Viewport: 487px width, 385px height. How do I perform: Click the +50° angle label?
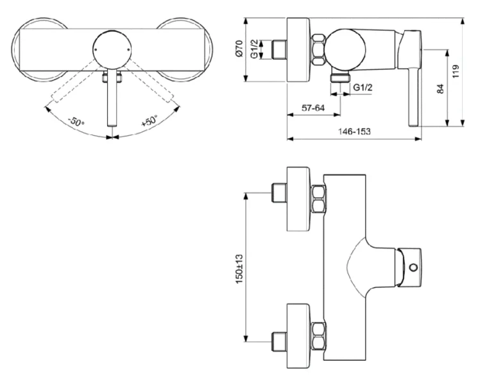coord(149,121)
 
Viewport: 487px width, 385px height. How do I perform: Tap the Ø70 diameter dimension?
coord(238,51)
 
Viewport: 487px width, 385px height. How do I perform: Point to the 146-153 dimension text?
coord(354,131)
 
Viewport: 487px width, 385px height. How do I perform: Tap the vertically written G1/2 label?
coord(255,50)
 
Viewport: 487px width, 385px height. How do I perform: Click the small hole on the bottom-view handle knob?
coord(413,267)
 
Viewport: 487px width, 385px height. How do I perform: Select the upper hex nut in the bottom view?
coord(318,199)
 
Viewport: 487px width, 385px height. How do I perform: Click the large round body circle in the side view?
coord(345,50)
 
